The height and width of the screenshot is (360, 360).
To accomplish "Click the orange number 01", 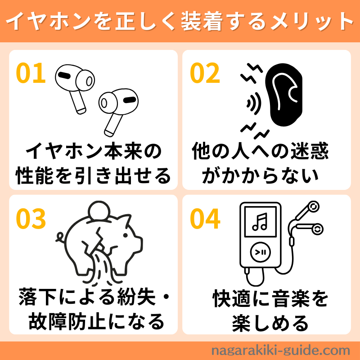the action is point(31,73).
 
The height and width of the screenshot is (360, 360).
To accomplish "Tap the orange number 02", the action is point(205,73).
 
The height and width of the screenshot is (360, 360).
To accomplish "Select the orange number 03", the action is point(31,218).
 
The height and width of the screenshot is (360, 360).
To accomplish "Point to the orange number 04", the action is point(205,218).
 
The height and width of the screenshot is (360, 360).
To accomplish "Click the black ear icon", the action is point(284,94).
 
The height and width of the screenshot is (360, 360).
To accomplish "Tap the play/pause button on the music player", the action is point(260,252).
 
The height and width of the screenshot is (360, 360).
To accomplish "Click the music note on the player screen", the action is point(260,222).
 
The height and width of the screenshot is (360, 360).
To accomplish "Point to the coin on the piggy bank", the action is point(99,211).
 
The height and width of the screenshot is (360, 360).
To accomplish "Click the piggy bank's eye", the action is point(126,235).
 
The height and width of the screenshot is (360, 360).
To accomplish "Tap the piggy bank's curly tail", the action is point(61,237).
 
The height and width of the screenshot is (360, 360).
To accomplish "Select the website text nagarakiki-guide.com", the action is point(280,351).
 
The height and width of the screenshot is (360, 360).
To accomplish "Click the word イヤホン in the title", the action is point(49,21).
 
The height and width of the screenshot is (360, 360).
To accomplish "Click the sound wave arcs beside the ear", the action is point(254,103).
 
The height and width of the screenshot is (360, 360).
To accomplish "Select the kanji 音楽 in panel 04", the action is point(291,298).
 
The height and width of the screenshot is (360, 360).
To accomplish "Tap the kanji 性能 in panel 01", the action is point(35,175).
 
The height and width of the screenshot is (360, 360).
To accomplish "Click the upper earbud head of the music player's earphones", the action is point(313,207).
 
